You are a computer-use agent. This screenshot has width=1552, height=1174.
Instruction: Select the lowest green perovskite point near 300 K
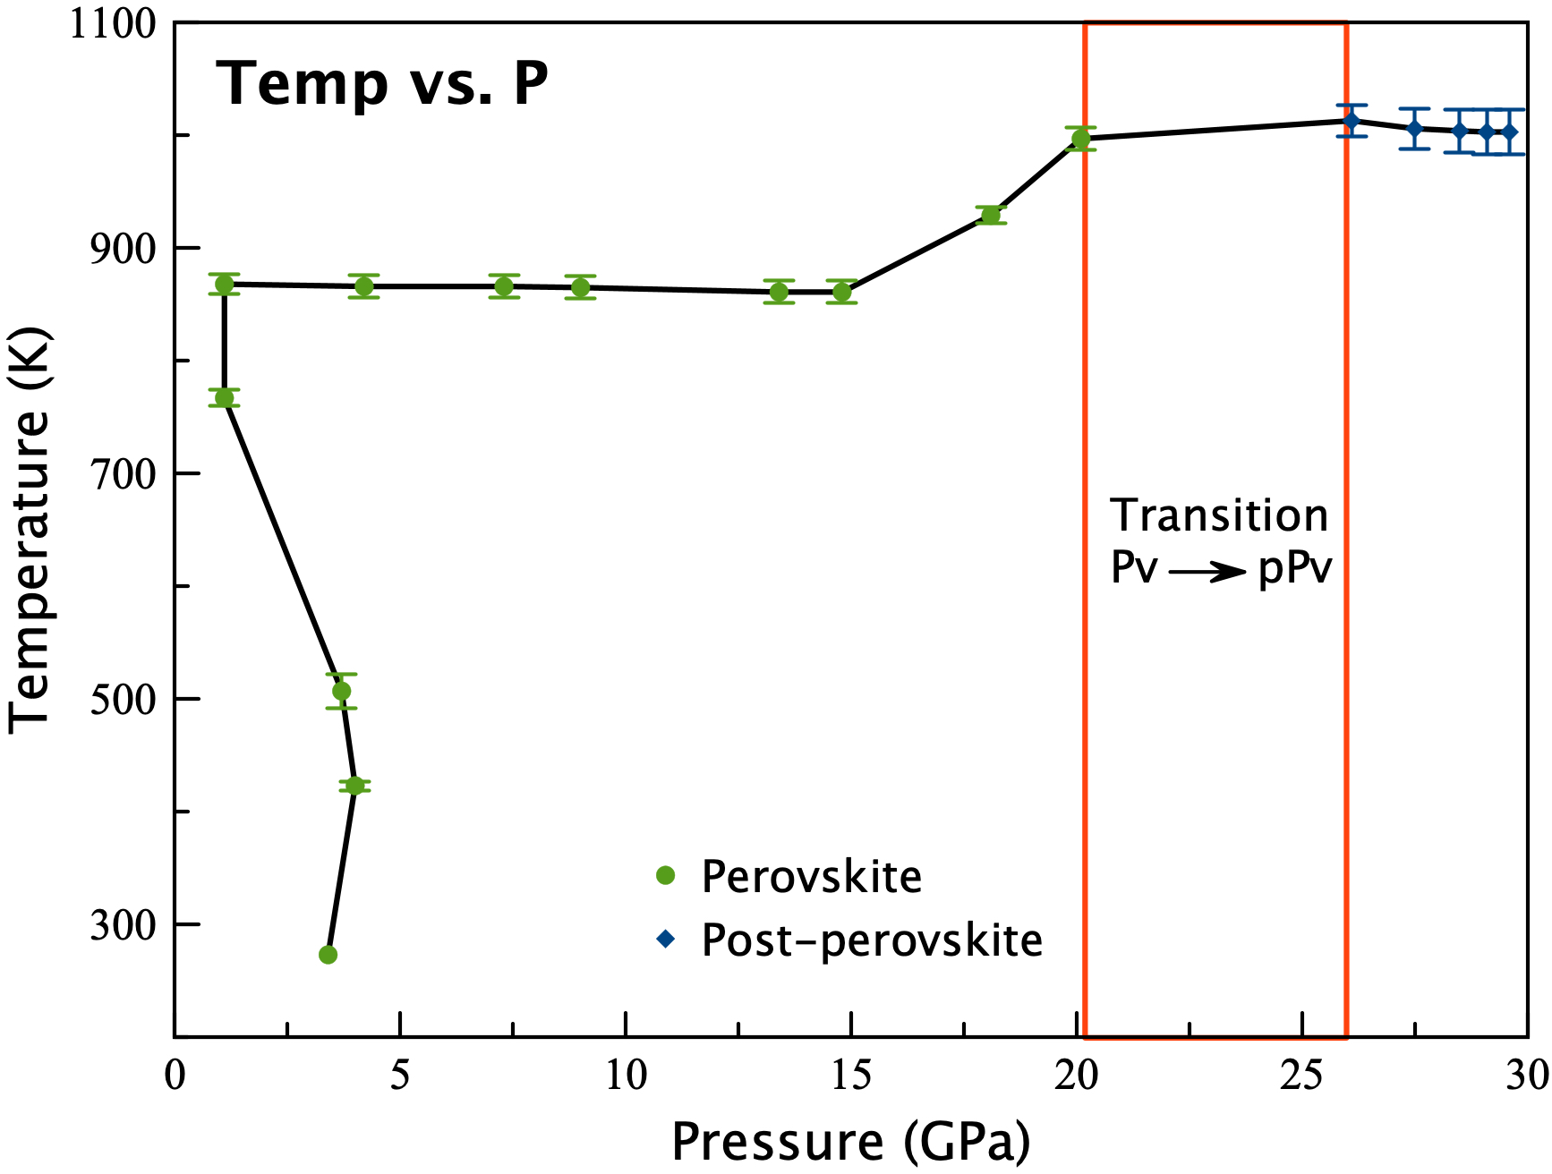click(x=328, y=955)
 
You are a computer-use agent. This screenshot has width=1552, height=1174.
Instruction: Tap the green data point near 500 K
click(x=341, y=691)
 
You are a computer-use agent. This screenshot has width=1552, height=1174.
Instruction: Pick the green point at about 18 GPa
click(x=991, y=215)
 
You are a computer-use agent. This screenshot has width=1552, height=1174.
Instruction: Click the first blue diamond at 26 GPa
click(x=1352, y=121)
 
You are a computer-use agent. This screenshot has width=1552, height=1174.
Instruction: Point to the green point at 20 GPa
click(x=1081, y=139)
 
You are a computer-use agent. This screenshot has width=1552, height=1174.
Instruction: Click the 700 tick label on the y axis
click(x=124, y=473)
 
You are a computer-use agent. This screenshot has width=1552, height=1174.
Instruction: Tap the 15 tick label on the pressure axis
click(x=850, y=1076)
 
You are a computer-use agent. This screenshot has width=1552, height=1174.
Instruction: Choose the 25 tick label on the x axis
click(x=1301, y=1076)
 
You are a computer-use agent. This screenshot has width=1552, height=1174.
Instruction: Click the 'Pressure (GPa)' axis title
click(x=850, y=1141)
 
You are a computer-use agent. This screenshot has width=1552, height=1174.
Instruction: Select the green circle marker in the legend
click(x=665, y=875)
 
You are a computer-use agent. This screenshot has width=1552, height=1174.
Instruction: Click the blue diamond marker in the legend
click(x=665, y=939)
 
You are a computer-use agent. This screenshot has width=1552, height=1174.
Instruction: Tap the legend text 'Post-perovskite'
click(x=872, y=940)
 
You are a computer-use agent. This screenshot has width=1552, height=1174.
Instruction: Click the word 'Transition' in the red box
click(x=1219, y=516)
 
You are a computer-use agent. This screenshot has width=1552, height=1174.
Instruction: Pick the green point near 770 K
click(x=224, y=398)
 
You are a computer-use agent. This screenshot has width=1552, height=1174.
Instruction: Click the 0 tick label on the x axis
click(x=175, y=1076)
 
